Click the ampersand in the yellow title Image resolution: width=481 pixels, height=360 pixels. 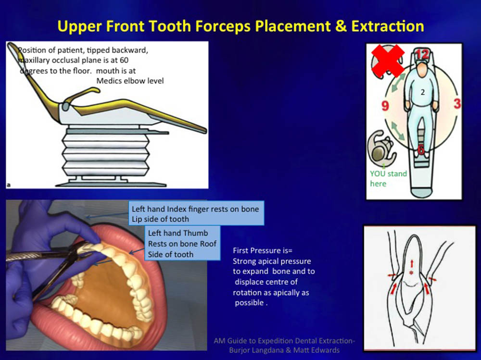coord(341,26)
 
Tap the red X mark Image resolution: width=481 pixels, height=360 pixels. coord(388,61)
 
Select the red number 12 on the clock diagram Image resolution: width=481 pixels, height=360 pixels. coord(422,54)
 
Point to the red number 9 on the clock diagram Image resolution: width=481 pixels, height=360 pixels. coord(385,106)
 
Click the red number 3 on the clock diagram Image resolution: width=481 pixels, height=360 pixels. coord(457,104)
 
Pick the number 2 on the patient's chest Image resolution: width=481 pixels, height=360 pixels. coord(423,92)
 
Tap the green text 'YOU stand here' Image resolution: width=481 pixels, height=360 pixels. coord(388,178)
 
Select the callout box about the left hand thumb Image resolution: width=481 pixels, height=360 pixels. coord(182,243)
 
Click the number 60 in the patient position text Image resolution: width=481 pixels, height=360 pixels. coord(124,60)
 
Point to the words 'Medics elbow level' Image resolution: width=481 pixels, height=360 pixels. coord(130,81)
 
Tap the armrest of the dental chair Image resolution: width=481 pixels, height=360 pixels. coord(81,96)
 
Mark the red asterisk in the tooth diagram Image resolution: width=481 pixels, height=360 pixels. coord(411,273)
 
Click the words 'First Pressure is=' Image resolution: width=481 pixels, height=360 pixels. coord(263,250)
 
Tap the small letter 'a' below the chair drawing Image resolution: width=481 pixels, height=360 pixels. coord(9,185)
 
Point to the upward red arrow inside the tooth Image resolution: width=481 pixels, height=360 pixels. coord(412,263)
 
